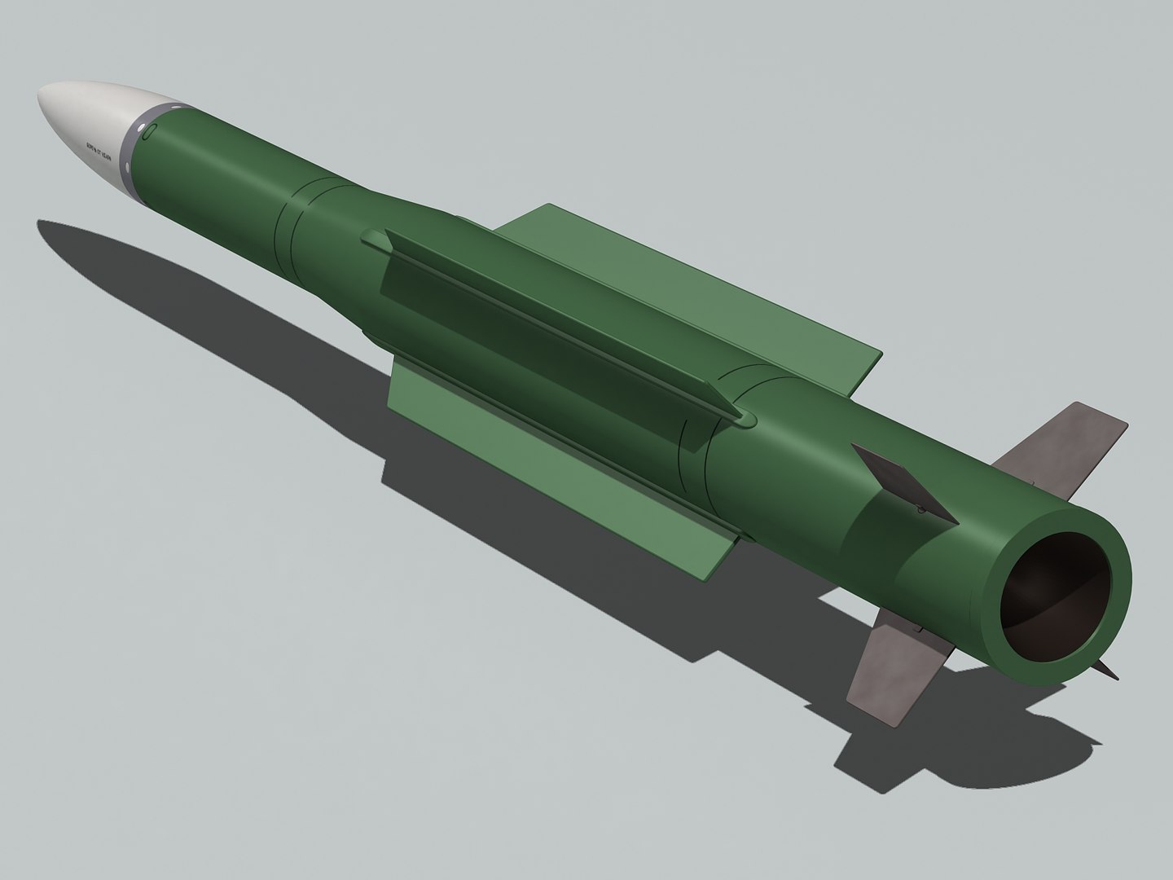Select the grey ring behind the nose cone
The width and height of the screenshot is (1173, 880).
[x=163, y=122]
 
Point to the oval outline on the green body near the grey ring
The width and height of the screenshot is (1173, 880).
[x=149, y=130]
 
